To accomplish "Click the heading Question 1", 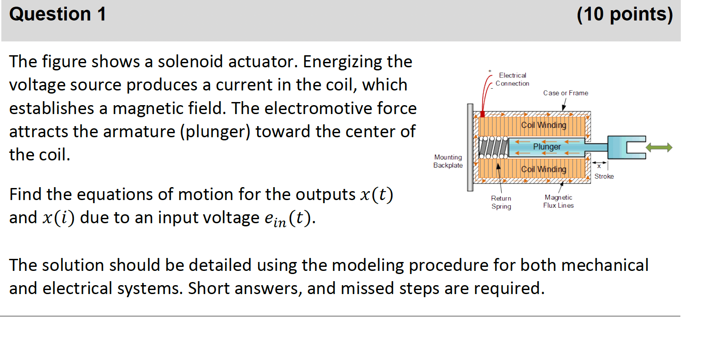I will (x=57, y=14).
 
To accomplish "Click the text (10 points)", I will (x=624, y=14).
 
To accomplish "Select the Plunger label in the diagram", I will (x=547, y=147).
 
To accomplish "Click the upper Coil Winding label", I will (x=544, y=125).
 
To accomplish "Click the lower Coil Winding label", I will (x=544, y=169).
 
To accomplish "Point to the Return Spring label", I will (x=501, y=202).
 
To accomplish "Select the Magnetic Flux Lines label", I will (x=558, y=201).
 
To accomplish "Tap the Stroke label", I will (x=604, y=176).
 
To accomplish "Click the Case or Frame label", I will (x=565, y=93).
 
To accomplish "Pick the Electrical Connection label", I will (x=512, y=79).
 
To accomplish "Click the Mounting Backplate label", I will (x=448, y=161).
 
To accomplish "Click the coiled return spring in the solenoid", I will (x=493, y=147).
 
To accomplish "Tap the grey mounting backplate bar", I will (x=470, y=147).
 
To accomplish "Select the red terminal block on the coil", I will (x=483, y=115).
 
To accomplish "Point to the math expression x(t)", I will (x=376, y=195).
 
